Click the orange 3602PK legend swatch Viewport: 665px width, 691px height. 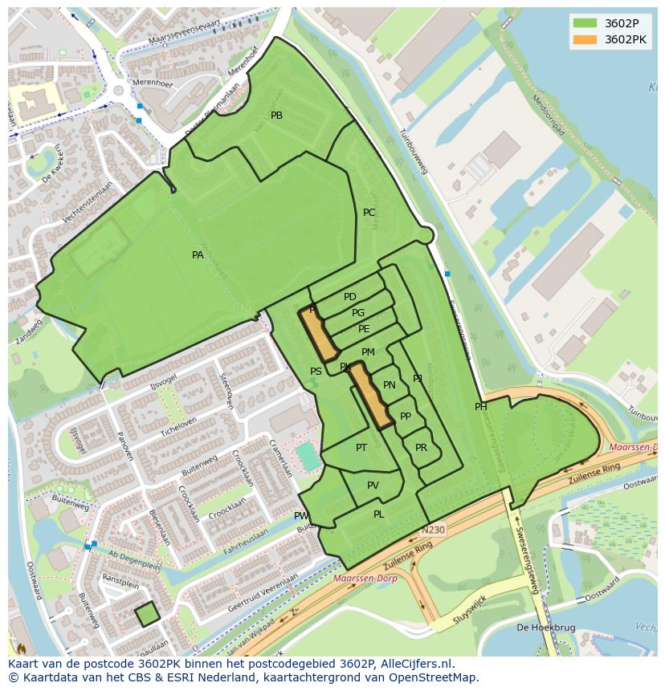coord(585,39)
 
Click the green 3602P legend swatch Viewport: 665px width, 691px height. coord(585,22)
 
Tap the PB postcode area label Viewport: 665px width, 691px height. coord(276,116)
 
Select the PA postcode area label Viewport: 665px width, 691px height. coord(198,255)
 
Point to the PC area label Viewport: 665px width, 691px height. coord(369,213)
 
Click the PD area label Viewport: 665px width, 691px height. coord(349,297)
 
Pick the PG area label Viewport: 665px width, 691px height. coord(358,313)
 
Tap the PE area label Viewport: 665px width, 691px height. coord(364,329)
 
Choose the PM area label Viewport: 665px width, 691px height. coord(368,352)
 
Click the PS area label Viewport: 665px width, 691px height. coord(316,372)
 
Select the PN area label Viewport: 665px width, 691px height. coord(390,385)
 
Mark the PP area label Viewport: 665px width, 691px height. coord(406,417)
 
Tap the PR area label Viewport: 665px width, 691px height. coord(421,448)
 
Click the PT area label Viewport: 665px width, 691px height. coord(361,448)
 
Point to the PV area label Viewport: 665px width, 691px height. coord(373,486)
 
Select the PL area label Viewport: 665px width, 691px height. coord(378,514)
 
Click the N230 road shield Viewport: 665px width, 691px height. coord(431,530)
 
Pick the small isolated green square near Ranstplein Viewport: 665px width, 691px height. coord(147,615)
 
